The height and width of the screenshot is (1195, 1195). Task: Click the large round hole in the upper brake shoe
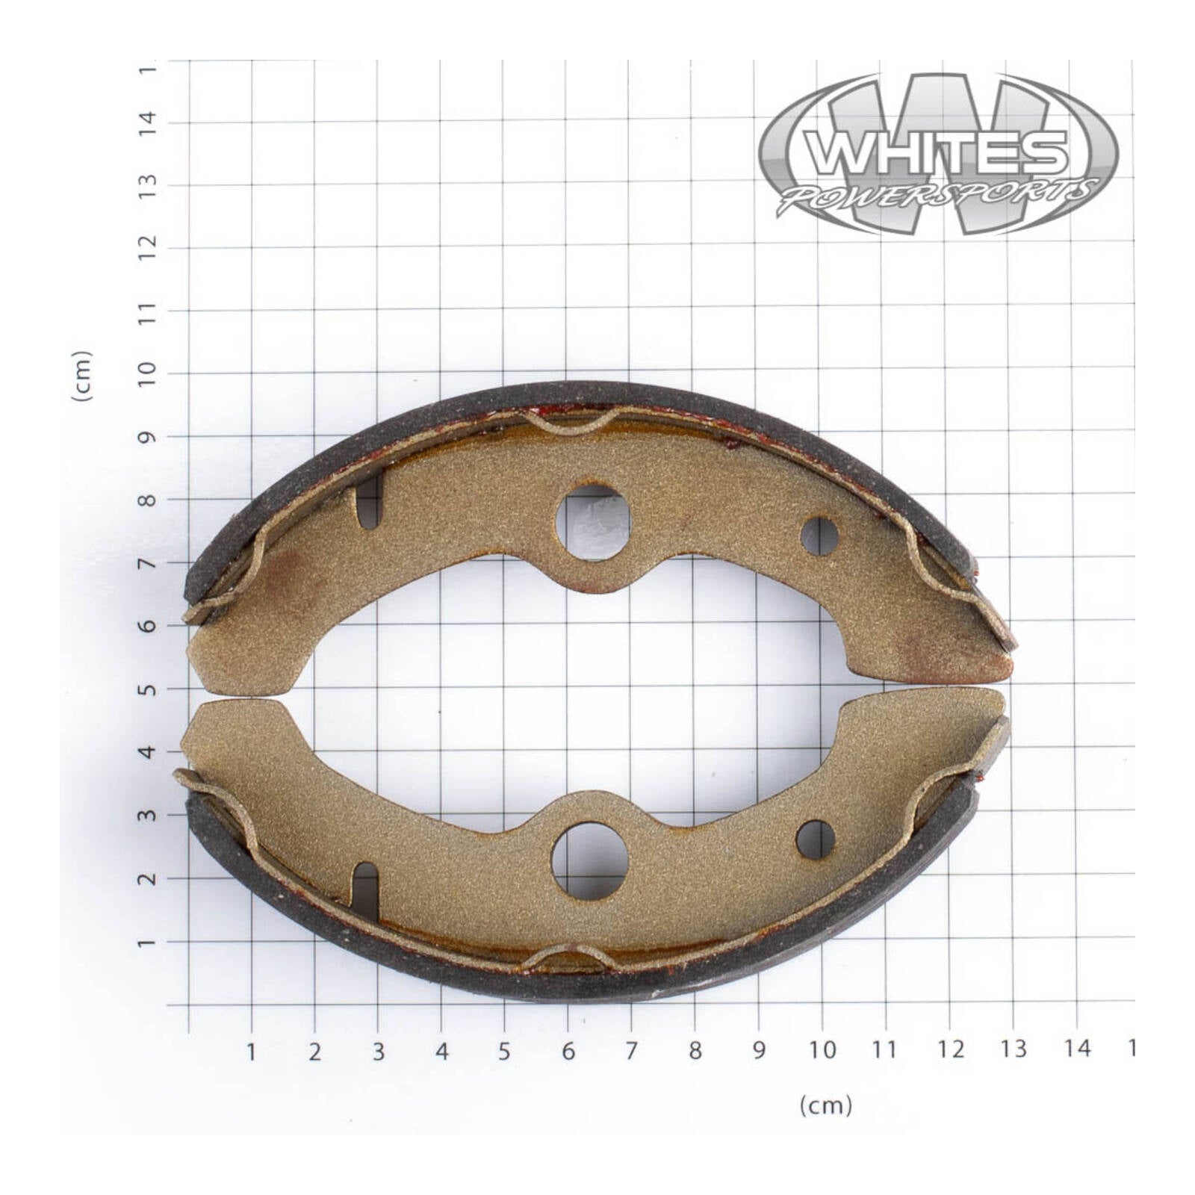pos(593,522)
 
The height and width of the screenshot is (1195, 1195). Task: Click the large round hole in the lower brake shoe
pos(589,860)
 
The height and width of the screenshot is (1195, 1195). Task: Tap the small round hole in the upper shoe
pos(819,536)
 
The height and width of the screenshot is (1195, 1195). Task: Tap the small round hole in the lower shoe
pos(816,839)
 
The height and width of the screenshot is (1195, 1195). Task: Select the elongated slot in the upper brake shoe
pos(370,502)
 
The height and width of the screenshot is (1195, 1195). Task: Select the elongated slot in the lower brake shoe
pos(365,892)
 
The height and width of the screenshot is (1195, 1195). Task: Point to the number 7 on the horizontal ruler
pos(632,1051)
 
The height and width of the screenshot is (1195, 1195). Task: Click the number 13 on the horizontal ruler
pos(1014,1049)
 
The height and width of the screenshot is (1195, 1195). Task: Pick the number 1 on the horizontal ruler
pos(252,1052)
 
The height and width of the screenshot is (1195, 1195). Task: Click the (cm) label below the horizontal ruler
pos(825,1105)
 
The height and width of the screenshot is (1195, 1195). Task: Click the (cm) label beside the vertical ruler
pos(82,376)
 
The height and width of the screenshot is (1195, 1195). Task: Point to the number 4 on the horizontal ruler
pos(442,1052)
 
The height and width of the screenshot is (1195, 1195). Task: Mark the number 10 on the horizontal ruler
pos(822,1050)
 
